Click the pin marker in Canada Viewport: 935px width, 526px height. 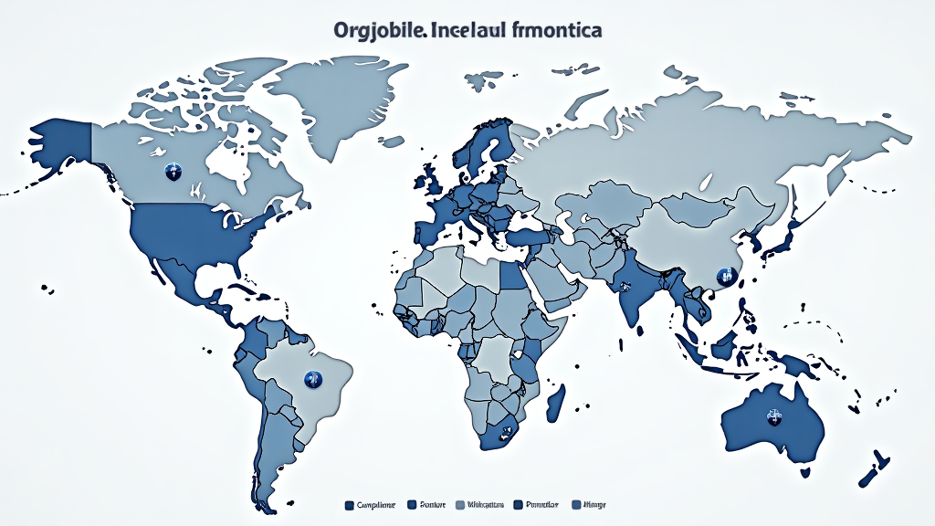(x=171, y=171)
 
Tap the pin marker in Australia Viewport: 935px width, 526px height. (x=772, y=417)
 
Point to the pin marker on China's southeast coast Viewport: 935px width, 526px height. (x=726, y=275)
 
